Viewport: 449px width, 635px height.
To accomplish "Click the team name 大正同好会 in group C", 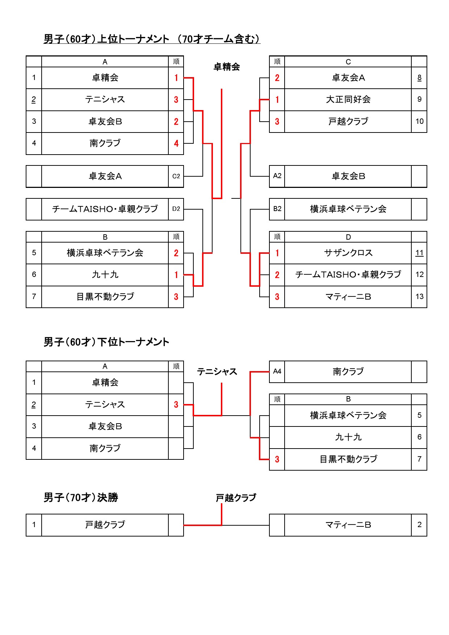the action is click(348, 100).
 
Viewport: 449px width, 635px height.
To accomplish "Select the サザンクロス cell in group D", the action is click(348, 253).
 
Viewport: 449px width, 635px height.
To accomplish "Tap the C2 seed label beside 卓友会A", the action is click(176, 176).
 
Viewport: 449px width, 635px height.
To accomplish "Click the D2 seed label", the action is click(176, 209).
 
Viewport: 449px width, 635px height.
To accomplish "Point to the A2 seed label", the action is click(277, 176).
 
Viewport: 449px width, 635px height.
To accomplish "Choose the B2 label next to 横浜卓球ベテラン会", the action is click(277, 209).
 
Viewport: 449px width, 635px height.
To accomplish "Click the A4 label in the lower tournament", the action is click(277, 371).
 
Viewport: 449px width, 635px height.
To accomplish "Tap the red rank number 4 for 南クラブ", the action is click(176, 143).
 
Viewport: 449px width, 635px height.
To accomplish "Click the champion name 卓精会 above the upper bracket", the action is click(227, 67).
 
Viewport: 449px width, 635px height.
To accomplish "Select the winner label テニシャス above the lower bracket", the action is click(217, 372).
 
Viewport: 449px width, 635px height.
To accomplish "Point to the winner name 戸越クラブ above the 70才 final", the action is click(236, 498).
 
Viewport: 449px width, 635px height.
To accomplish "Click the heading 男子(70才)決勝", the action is click(81, 498).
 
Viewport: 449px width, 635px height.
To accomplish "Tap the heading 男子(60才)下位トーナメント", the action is click(106, 342).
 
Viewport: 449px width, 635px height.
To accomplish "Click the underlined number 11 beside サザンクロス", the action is click(419, 253).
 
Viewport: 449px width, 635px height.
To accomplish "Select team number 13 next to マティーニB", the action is click(419, 297).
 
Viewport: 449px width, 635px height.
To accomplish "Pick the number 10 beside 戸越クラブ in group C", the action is click(419, 121).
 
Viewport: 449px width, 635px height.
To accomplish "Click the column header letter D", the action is click(348, 237).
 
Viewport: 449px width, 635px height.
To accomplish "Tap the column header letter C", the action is click(348, 62).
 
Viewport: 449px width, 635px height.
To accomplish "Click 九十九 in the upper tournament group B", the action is click(105, 275).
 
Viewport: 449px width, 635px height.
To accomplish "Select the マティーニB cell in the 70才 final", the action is click(348, 525).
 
